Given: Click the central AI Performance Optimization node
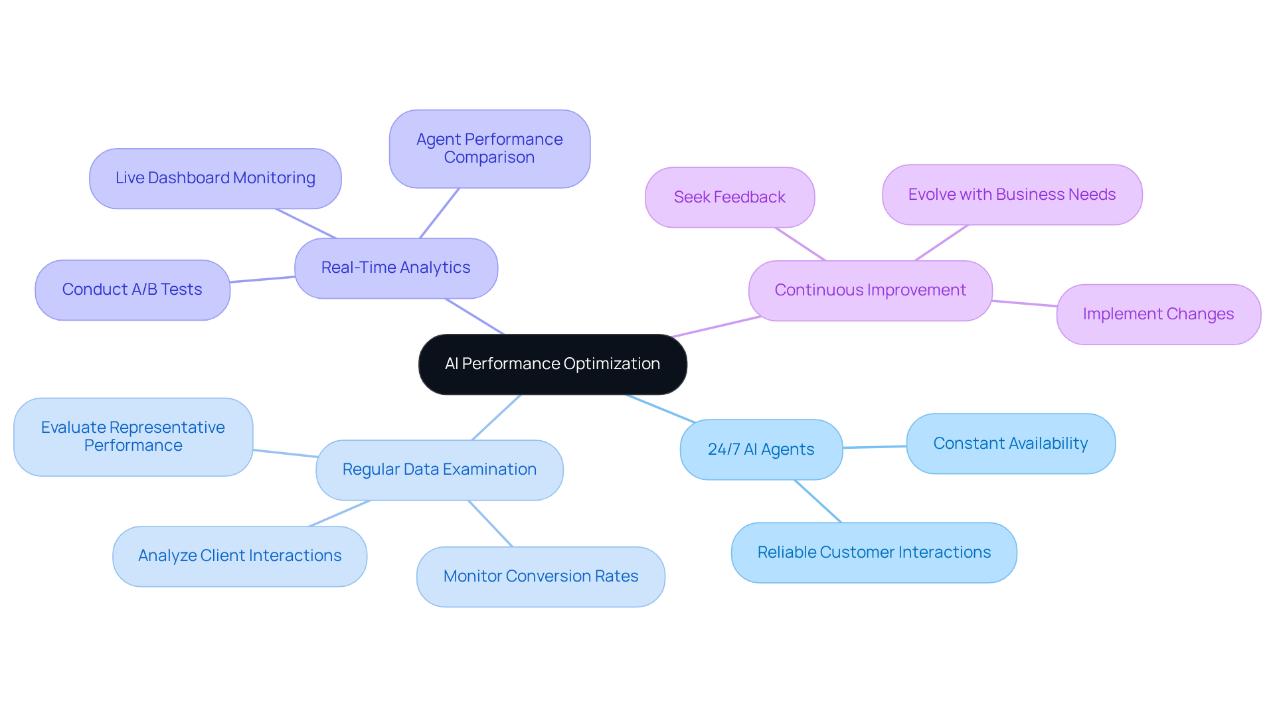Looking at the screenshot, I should point(552,364).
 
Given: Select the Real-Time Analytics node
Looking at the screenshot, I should point(396,268).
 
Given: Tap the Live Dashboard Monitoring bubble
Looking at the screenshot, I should point(215,178).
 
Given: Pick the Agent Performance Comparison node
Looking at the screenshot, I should point(489,148).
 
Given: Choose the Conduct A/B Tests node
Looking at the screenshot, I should point(132,289).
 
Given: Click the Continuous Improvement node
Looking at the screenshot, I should point(870,290).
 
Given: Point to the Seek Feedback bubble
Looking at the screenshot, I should point(729,197).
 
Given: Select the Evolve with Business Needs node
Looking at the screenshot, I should point(1011,195).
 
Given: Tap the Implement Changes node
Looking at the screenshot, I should point(1158,314).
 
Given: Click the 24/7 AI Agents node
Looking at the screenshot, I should point(761,449).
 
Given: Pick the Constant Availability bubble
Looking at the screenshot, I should point(1010,443).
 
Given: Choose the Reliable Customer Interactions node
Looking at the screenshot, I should point(874,552).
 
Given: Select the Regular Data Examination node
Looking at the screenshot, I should point(439,469).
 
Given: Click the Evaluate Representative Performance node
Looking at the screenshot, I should point(133,436).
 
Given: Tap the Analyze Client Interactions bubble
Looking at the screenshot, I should point(240,556).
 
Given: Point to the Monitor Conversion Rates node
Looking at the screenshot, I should point(541,576).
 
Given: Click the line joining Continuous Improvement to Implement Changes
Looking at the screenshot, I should point(1025,303).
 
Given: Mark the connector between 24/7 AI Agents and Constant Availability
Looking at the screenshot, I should point(875,447).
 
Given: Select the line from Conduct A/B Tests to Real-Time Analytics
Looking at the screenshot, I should point(262,280).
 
